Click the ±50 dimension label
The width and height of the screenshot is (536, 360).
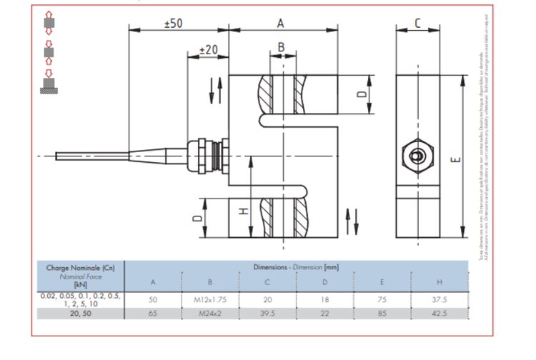click(174, 23)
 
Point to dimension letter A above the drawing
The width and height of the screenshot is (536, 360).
click(281, 23)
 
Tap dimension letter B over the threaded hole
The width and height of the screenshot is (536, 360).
click(281, 47)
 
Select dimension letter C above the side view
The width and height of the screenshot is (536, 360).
click(417, 23)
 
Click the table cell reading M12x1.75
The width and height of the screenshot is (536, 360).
click(209, 300)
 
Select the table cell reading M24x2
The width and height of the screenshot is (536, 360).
click(209, 313)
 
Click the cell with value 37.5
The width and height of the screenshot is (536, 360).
click(439, 300)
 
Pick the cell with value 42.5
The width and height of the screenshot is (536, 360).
click(439, 313)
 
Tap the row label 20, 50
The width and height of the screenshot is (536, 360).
click(80, 313)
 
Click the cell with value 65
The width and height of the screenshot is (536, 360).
click(152, 313)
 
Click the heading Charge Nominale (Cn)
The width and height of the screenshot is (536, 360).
click(80, 268)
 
